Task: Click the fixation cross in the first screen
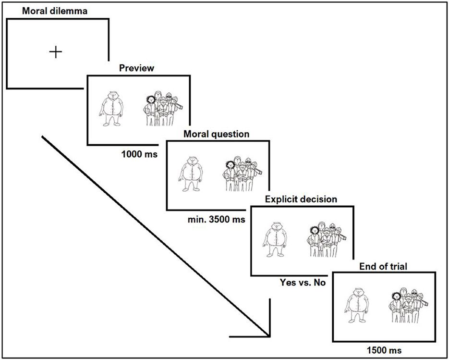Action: coord(56,52)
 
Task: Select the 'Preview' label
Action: coord(137,68)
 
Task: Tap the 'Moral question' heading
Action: coord(216,134)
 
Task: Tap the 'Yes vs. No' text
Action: coord(303,283)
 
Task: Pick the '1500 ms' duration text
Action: coord(383,350)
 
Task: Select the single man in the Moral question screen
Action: coord(192,173)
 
